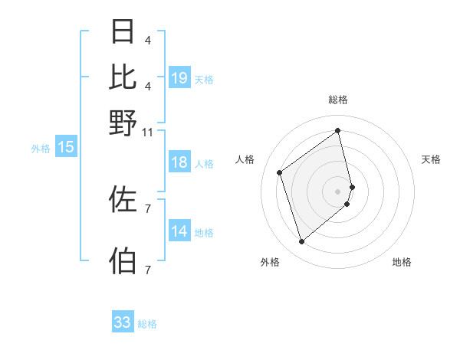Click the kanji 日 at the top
click(123, 31)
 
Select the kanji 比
click(123, 77)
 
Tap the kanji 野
click(123, 122)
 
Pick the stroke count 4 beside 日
click(147, 40)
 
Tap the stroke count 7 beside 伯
click(147, 270)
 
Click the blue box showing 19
click(179, 78)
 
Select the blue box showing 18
click(179, 162)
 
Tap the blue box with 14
click(179, 231)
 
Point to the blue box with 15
click(66, 148)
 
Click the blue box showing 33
click(123, 322)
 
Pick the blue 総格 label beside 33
click(147, 324)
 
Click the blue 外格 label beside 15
click(41, 149)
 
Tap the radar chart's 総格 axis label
click(338, 100)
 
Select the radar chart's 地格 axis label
click(402, 262)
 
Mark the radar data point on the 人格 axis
click(280, 172)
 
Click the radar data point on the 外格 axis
click(301, 242)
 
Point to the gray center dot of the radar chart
click(338, 191)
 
